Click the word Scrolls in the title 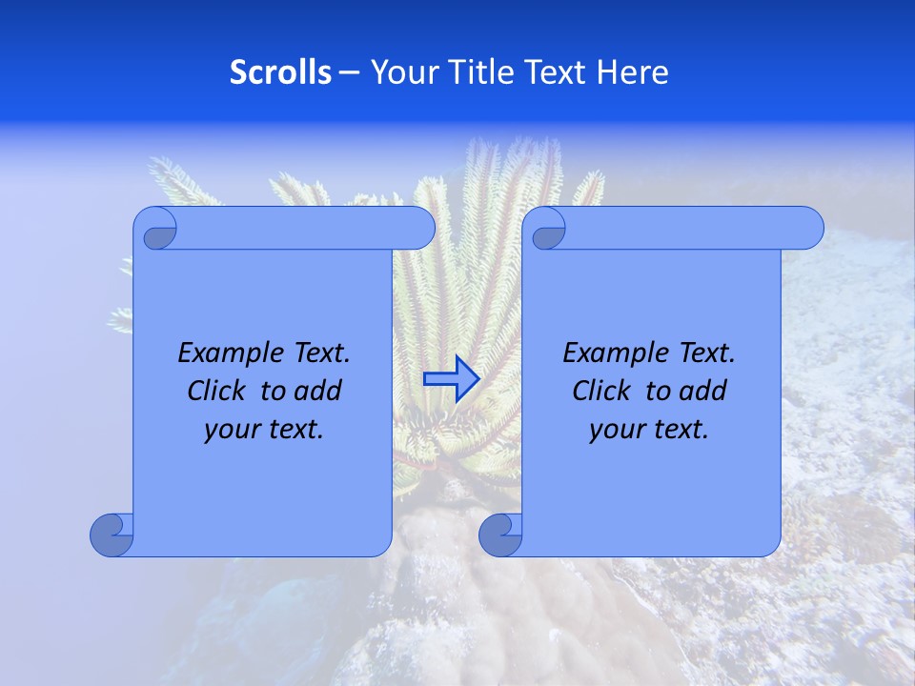[x=280, y=72]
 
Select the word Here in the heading [x=633, y=72]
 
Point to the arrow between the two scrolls [x=451, y=378]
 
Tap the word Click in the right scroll [x=601, y=391]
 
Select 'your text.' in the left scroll [x=264, y=430]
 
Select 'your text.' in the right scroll [x=649, y=430]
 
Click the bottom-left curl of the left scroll [x=112, y=535]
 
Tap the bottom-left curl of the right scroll [x=499, y=535]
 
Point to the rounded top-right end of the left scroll [x=419, y=228]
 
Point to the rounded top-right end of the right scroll [x=808, y=228]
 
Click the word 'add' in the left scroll [x=318, y=391]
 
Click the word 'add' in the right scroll [x=703, y=391]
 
